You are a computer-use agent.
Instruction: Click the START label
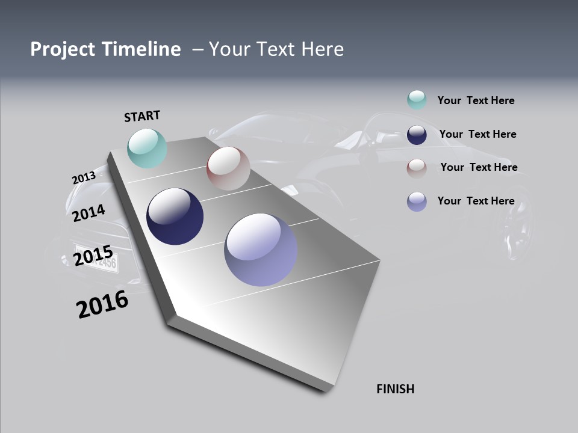pyautogui.click(x=142, y=116)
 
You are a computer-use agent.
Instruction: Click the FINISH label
pyautogui.click(x=395, y=389)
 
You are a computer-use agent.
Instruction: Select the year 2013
pyautogui.click(x=84, y=178)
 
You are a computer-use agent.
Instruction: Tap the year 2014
pyautogui.click(x=89, y=213)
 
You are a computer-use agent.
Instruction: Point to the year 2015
pyautogui.click(x=93, y=256)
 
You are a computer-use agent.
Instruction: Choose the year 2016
pyautogui.click(x=102, y=304)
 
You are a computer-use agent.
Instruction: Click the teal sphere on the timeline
pyautogui.click(x=147, y=149)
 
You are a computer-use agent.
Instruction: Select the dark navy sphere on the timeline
pyautogui.click(x=175, y=216)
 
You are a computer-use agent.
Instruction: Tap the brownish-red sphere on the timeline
pyautogui.click(x=228, y=168)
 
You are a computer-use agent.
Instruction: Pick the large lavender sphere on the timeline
pyautogui.click(x=261, y=250)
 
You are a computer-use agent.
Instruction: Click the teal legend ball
pyautogui.click(x=417, y=100)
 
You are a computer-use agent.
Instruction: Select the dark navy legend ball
pyautogui.click(x=417, y=135)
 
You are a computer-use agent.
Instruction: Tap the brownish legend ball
pyautogui.click(x=417, y=168)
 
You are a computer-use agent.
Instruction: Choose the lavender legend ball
pyautogui.click(x=417, y=201)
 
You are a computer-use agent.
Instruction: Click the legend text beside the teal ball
pyautogui.click(x=476, y=100)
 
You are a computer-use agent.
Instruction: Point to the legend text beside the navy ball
pyautogui.click(x=477, y=134)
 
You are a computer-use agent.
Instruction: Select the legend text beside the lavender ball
pyautogui.click(x=476, y=201)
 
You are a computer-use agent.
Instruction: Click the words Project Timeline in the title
pyautogui.click(x=105, y=49)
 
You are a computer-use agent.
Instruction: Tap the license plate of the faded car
pyautogui.click(x=96, y=257)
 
